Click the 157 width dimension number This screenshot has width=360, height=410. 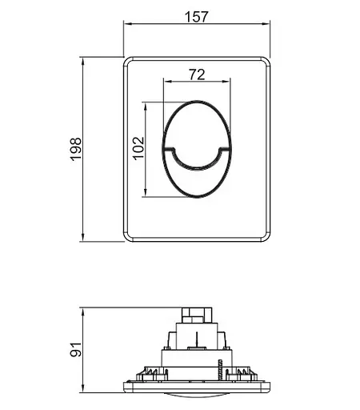[196, 17]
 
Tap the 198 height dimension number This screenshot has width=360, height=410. [76, 149]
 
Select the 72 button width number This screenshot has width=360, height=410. [197, 74]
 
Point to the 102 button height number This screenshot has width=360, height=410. [139, 148]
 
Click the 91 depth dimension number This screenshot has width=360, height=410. [76, 349]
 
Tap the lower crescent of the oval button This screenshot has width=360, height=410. [197, 184]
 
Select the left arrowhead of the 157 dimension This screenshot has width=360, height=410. [129, 24]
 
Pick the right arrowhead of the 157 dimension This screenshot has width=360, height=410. [266, 24]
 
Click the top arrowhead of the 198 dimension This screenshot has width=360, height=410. [83, 62]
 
